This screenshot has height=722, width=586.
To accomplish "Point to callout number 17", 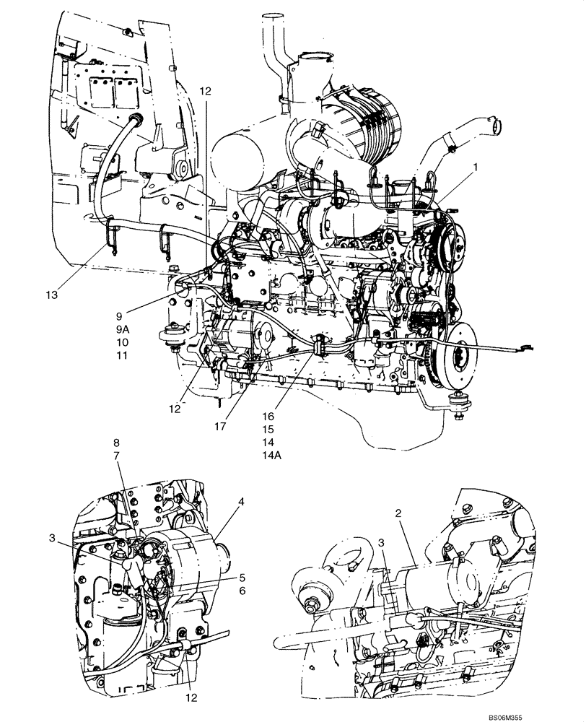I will point(220,427).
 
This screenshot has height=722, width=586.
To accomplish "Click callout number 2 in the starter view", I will point(398,513).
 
